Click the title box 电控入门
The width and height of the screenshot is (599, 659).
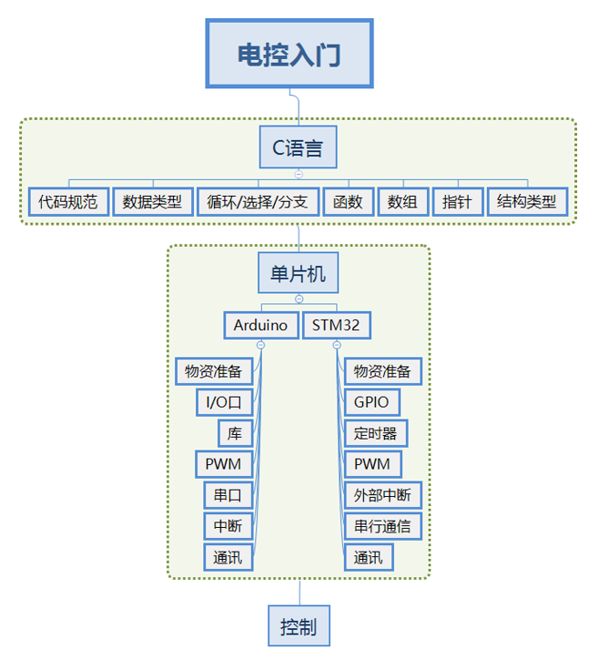[289, 55]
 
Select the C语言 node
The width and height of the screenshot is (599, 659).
[299, 147]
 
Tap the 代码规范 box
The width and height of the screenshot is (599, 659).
[68, 201]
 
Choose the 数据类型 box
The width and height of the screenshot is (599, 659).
[152, 201]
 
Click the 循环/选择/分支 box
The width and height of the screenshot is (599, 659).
[258, 201]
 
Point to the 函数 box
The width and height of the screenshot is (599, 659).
[348, 201]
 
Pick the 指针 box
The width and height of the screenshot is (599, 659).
[456, 201]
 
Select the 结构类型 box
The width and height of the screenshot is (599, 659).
[527, 201]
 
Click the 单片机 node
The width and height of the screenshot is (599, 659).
[299, 273]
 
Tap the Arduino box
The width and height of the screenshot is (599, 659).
[260, 325]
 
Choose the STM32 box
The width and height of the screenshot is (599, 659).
[337, 325]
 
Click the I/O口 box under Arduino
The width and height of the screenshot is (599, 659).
[224, 401]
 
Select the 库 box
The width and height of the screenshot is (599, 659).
[235, 432]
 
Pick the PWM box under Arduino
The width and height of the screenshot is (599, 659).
[224, 464]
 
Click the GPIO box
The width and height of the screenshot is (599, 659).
[371, 401]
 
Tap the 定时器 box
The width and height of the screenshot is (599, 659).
[375, 432]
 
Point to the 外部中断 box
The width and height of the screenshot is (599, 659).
[382, 495]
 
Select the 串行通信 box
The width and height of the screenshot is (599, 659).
[382, 526]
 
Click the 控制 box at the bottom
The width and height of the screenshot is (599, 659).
[299, 627]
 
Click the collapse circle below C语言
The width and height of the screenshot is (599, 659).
[299, 173]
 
